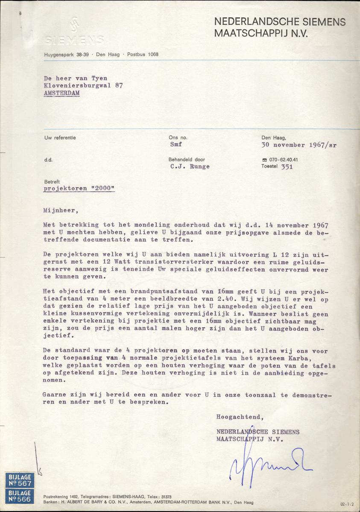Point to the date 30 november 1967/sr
coord(299,145)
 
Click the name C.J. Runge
coord(190,167)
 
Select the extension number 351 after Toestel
coord(287,167)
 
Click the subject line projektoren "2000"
coord(79,189)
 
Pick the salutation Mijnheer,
coord(61,210)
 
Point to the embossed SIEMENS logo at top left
coord(74,34)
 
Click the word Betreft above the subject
coord(52,181)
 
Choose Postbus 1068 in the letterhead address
coord(143,54)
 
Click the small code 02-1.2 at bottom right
coord(348,504)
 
